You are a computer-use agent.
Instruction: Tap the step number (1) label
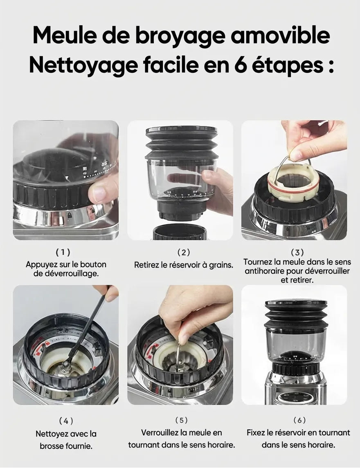[65, 252]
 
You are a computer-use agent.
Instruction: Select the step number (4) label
[66, 420]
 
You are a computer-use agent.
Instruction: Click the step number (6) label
[299, 420]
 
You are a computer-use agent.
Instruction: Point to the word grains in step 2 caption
[221, 265]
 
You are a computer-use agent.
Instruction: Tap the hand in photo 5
[192, 311]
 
